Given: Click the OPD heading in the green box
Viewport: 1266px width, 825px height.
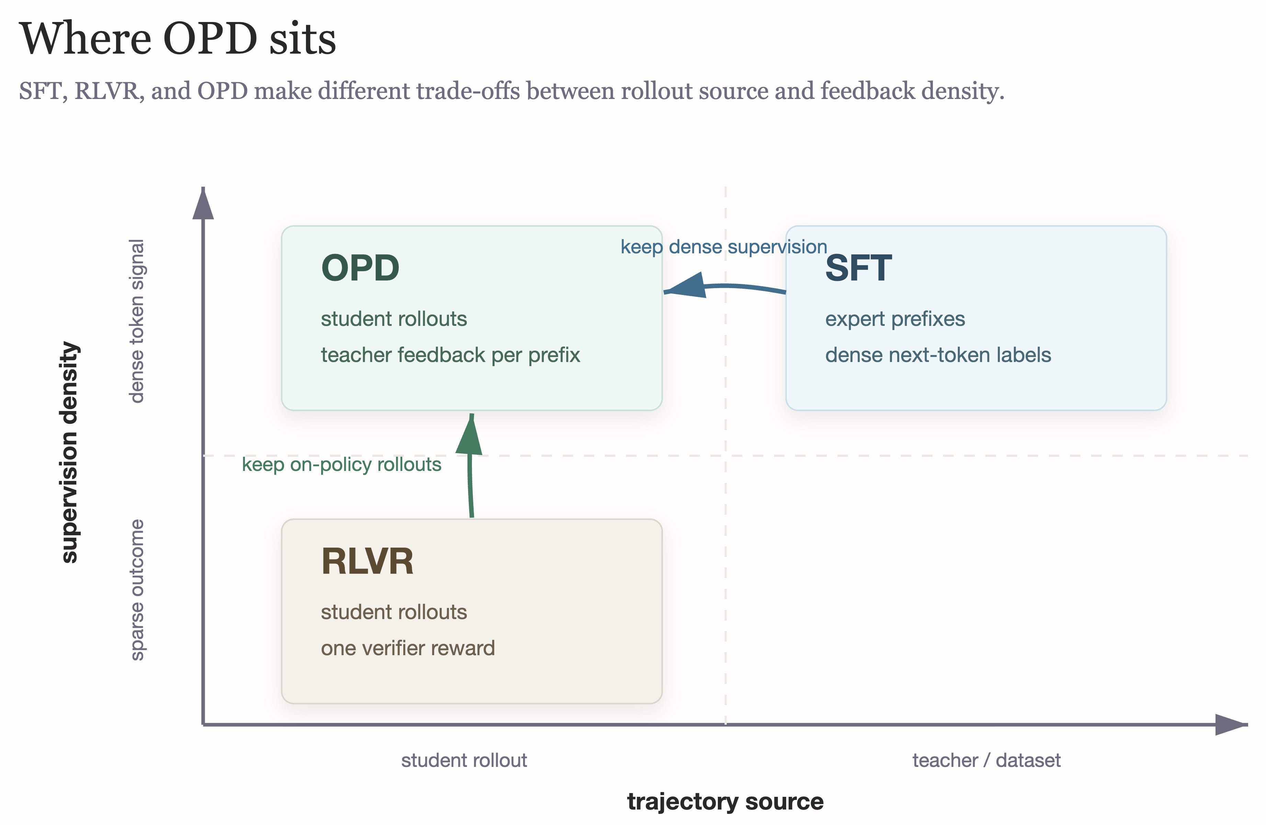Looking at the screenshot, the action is click(360, 268).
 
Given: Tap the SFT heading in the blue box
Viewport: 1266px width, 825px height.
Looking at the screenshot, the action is click(858, 268).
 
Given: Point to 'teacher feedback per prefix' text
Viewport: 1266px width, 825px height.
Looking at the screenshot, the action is click(450, 355).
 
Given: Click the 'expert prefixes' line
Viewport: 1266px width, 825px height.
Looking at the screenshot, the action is click(895, 319).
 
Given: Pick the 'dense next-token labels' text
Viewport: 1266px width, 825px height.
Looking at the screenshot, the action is click(938, 355).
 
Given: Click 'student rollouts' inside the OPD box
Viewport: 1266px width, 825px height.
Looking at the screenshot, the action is click(394, 319).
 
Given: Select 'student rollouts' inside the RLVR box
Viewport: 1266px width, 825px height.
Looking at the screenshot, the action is click(394, 612).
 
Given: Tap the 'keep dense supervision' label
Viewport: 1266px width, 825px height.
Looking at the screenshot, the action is click(723, 247).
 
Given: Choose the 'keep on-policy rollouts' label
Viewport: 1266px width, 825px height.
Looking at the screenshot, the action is click(341, 465).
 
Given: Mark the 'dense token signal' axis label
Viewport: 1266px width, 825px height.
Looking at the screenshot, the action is click(137, 321).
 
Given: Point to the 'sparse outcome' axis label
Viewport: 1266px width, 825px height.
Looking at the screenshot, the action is click(137, 590).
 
